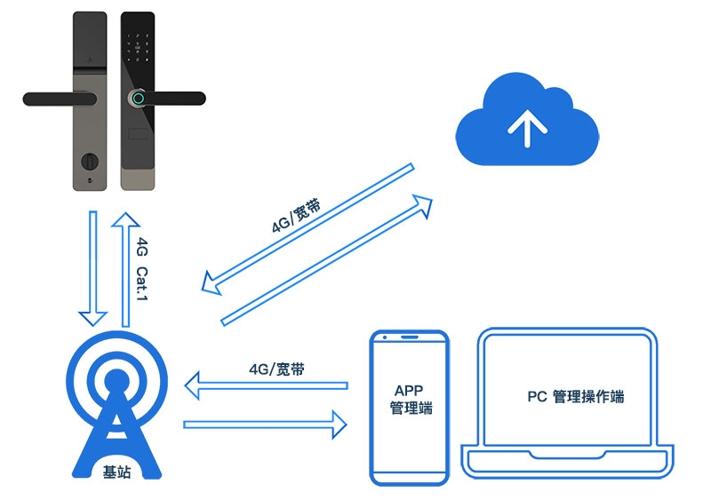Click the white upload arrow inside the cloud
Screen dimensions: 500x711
coord(526,127)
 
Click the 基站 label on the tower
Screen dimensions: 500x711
coord(117,472)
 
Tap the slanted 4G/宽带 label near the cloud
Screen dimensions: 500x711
coord(296,215)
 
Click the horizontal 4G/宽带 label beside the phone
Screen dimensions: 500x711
coord(276,369)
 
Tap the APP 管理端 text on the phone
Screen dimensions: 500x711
coord(411,400)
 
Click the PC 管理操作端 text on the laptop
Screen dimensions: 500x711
coord(575,396)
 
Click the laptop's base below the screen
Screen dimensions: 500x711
coord(566,461)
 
